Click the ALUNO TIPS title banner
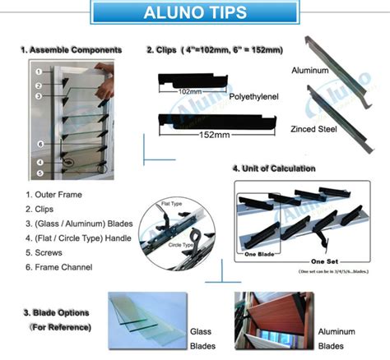(194, 14)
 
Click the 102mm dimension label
(190, 91)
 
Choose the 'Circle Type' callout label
(183, 244)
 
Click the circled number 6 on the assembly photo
(39, 145)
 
